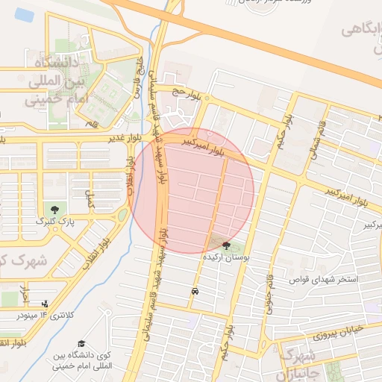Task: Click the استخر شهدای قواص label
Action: click(328, 280)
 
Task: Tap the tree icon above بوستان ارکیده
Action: click(227, 245)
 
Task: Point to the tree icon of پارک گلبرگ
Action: click(53, 208)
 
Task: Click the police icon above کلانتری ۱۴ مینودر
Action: click(46, 304)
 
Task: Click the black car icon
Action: click(195, 291)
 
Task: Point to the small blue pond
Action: click(24, 14)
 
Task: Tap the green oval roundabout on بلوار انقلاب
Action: click(122, 216)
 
